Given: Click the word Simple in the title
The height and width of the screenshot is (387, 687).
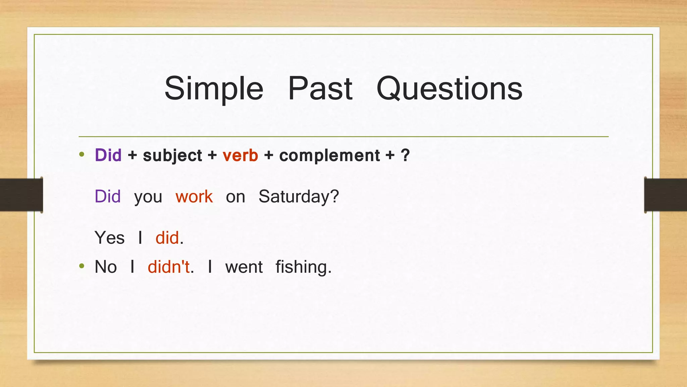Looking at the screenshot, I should point(214,89).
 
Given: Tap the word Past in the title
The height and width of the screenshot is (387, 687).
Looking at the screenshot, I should point(320,89).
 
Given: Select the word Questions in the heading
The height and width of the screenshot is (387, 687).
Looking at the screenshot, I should point(449,89).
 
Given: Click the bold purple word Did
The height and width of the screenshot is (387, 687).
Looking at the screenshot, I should point(108,155).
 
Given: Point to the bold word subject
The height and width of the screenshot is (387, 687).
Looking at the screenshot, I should point(172,156).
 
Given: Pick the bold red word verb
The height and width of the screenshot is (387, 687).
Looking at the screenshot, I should point(240,156).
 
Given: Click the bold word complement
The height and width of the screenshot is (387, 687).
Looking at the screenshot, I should point(329,156).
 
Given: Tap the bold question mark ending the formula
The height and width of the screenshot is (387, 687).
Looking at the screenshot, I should point(405,155).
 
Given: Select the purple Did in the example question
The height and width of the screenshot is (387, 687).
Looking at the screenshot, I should point(108,197).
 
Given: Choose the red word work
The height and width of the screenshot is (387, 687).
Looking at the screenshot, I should point(194,197).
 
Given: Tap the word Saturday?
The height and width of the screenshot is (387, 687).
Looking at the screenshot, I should point(299,197).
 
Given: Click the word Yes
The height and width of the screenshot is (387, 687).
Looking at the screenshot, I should point(110,238).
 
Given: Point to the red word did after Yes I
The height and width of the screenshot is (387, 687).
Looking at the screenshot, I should point(167,238).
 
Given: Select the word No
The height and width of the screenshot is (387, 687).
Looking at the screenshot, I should point(106,267).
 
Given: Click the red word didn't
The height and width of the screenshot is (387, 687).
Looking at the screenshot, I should point(169,267).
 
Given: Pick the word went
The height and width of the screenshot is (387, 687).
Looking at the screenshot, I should point(244,267).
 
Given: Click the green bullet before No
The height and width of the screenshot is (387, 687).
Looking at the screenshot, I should point(82,266).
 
